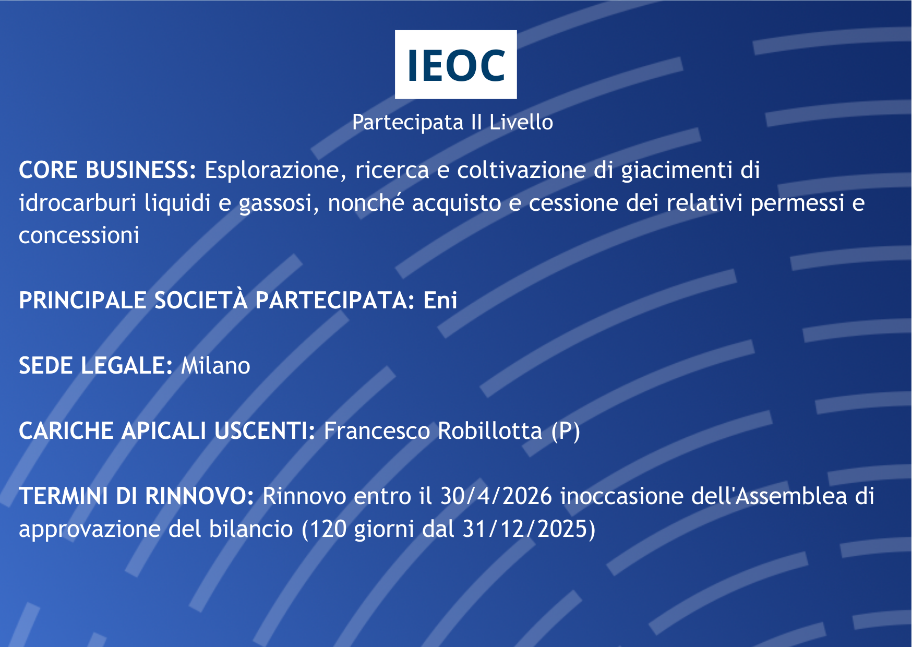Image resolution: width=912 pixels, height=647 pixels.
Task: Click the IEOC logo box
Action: tap(455, 64)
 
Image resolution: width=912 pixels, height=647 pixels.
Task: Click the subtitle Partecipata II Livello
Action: tap(452, 123)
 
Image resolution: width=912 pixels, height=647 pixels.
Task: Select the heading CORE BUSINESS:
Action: tap(107, 170)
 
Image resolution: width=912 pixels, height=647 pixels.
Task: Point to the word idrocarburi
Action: tap(78, 203)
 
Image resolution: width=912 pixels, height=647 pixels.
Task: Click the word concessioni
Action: tap(79, 235)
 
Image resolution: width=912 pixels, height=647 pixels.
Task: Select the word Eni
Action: tap(440, 301)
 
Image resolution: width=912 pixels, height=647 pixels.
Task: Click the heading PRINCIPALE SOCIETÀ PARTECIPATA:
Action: tap(217, 301)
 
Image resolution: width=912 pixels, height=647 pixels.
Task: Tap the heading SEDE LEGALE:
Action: tap(95, 366)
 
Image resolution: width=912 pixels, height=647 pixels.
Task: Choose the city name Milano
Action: tap(215, 366)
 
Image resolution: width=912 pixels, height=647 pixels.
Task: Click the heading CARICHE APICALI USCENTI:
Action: tap(167, 431)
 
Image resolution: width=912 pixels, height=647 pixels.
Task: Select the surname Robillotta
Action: tap(490, 431)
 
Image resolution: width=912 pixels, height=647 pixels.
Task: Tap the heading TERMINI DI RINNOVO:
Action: tap(136, 496)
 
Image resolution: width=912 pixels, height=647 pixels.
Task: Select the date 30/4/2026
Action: tap(496, 496)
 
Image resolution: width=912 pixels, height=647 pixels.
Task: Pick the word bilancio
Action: tap(251, 529)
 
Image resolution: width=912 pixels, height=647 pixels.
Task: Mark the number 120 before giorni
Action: tap(328, 529)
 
